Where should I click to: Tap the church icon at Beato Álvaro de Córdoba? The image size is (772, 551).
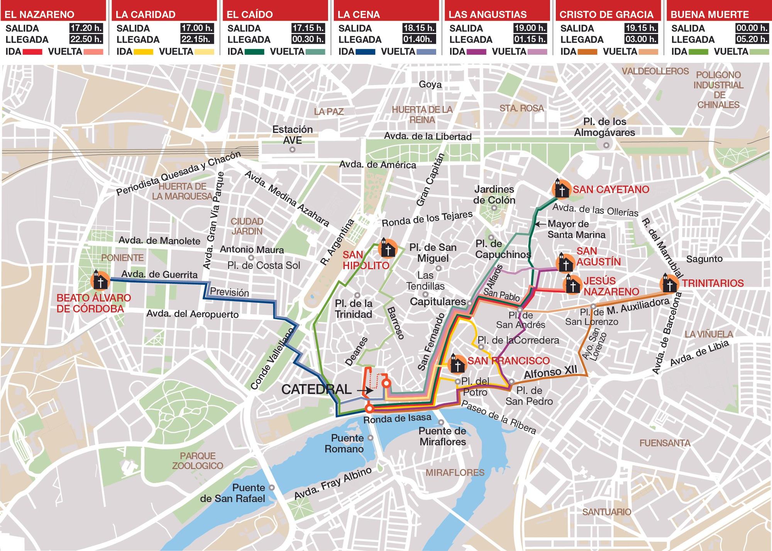click(x=100, y=280)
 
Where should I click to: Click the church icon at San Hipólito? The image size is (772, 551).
click(x=388, y=248)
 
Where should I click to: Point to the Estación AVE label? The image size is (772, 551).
click(x=292, y=134)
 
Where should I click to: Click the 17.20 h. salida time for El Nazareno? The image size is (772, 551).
click(x=86, y=28)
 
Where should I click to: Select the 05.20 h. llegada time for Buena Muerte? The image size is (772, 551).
click(x=752, y=39)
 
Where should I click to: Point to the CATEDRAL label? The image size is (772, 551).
click(x=316, y=389)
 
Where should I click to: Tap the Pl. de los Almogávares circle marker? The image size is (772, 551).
click(x=606, y=145)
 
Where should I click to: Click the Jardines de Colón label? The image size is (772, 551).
click(x=494, y=194)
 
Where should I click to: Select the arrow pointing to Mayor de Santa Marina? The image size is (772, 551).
click(x=540, y=224)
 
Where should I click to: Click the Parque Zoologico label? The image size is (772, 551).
click(x=198, y=461)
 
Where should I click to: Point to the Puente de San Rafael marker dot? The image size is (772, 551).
click(x=272, y=488)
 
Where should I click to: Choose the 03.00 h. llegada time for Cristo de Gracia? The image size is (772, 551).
click(x=640, y=39)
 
